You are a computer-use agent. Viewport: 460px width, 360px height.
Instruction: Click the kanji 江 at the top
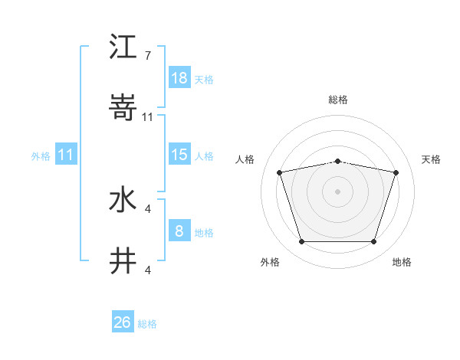click(x=123, y=49)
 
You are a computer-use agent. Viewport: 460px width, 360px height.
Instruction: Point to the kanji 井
click(x=123, y=261)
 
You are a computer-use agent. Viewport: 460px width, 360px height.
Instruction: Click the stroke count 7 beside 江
click(x=147, y=56)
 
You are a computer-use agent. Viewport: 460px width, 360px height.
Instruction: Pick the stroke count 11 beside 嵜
click(x=148, y=116)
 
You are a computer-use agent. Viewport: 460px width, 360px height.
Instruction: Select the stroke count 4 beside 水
click(x=147, y=208)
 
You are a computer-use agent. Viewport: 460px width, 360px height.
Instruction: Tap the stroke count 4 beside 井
click(x=147, y=270)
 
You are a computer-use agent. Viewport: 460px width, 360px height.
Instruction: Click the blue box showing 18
click(x=179, y=78)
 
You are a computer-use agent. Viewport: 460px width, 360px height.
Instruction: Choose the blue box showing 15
click(x=179, y=155)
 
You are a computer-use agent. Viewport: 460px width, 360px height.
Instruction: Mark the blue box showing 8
click(x=179, y=231)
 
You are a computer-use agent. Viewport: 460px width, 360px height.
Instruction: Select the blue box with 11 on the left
click(x=66, y=155)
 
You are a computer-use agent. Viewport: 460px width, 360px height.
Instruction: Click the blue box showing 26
click(x=123, y=322)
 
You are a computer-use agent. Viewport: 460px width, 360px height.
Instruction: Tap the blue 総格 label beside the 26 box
click(x=147, y=324)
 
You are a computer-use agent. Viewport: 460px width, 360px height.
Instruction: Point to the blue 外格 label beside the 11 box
click(x=41, y=156)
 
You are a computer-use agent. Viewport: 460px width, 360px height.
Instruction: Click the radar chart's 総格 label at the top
click(x=337, y=100)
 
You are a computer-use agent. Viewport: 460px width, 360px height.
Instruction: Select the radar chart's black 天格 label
click(x=431, y=159)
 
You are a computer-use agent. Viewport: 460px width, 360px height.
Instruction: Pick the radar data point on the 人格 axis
click(x=279, y=173)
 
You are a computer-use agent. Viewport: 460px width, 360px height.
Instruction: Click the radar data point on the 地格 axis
click(x=373, y=242)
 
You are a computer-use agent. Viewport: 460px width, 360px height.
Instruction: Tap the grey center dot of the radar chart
click(x=337, y=191)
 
